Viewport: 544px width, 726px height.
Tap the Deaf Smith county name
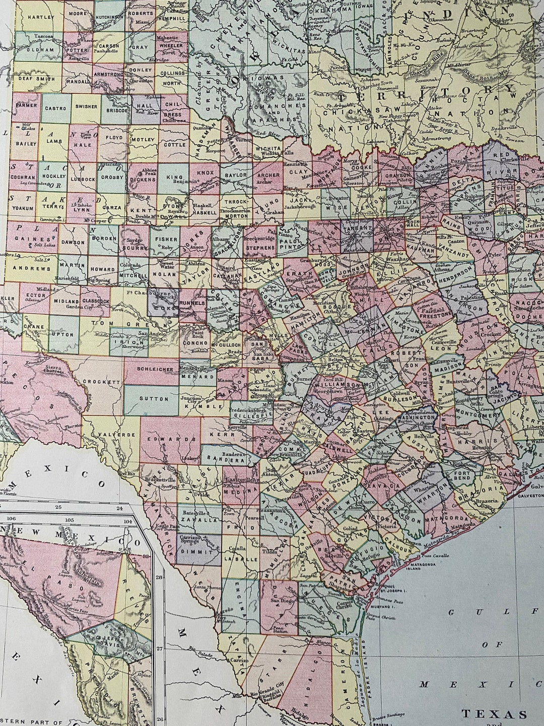(x=32, y=78)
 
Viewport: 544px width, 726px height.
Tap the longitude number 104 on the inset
(x=127, y=521)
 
